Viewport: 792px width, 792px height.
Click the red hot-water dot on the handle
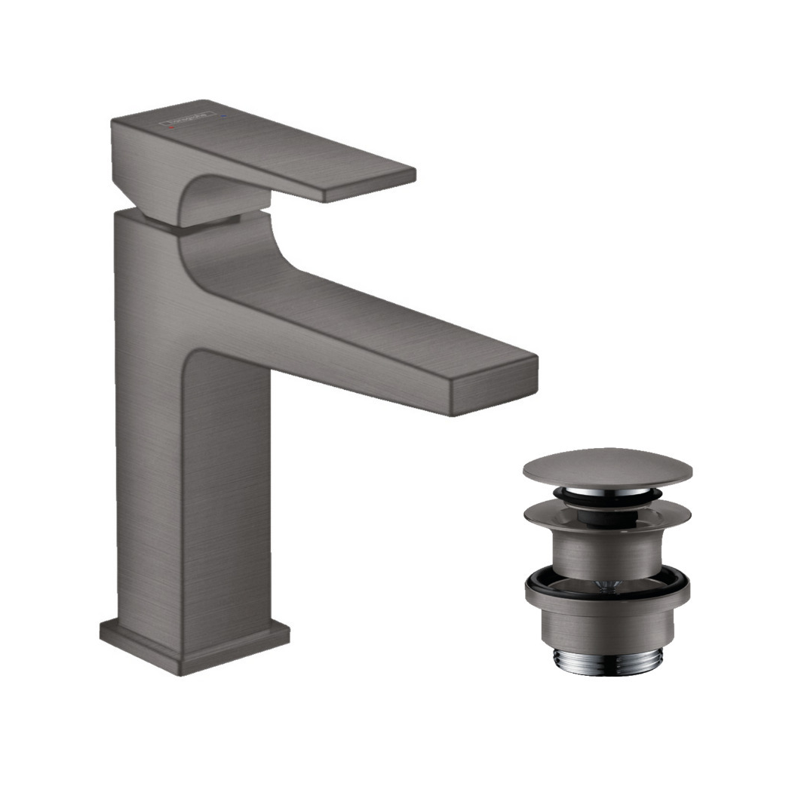coord(173,130)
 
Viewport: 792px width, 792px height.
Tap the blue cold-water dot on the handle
coord(223,118)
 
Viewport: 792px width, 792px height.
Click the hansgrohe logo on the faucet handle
coord(189,120)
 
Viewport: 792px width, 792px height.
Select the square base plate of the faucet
coord(195,646)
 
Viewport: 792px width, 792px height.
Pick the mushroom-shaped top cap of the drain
coord(607,467)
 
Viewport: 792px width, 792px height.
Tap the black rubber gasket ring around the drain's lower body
coord(607,582)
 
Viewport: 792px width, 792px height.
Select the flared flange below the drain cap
coord(607,517)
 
